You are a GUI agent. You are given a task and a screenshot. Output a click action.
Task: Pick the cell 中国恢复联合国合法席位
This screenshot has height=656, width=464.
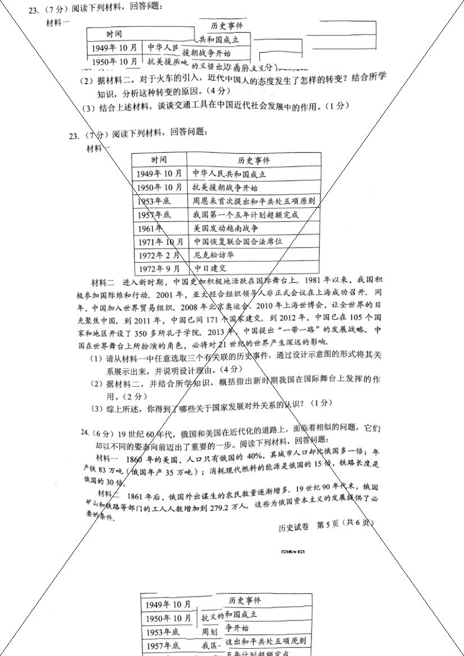click(237, 242)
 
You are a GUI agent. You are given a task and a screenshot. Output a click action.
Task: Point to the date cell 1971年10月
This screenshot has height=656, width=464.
click(160, 242)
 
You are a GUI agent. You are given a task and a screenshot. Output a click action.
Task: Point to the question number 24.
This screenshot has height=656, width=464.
click(85, 433)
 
